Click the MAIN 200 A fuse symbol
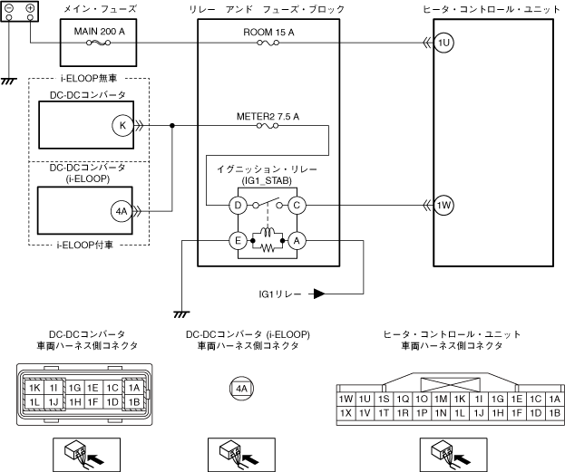coord(98,43)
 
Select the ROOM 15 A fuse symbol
coord(268,43)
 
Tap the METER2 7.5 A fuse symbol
coord(268,126)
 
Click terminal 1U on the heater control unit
coord(443,43)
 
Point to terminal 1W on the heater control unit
coord(443,206)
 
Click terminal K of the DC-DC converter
coord(122,126)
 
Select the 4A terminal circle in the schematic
coord(122,211)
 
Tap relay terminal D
coord(238,206)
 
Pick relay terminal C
coord(297,206)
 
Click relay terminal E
coord(238,240)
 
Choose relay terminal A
coord(297,240)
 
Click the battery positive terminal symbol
coord(30,8)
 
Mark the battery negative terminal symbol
coord(9,8)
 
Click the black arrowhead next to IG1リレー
coord(319,294)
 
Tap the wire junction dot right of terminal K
coord(172,126)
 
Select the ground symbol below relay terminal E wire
coord(181,314)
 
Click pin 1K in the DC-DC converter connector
coord(34,388)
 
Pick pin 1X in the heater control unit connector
coord(346,413)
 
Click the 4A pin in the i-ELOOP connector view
coord(241,389)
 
